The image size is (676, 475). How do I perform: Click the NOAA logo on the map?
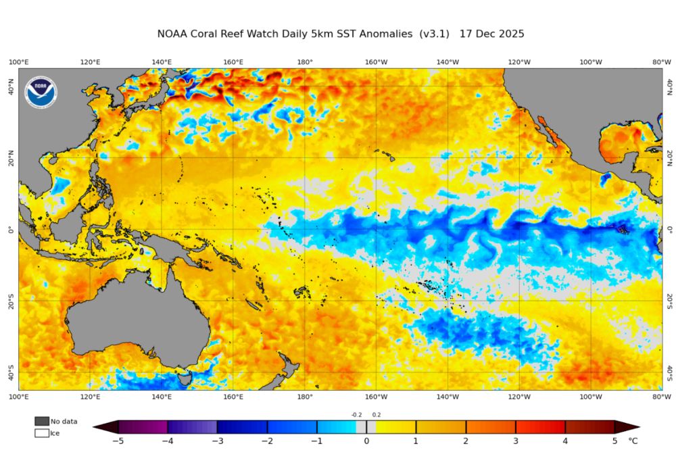(41, 93)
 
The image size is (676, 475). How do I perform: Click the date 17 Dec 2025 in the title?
(491, 33)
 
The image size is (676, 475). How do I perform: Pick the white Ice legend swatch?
(42, 433)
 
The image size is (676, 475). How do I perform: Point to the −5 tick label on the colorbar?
(118, 441)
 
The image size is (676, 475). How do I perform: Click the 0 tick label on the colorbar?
(366, 441)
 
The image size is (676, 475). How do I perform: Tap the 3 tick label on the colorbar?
(516, 441)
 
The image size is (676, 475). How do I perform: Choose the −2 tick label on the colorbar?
(267, 441)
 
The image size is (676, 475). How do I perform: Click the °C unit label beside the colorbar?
(633, 441)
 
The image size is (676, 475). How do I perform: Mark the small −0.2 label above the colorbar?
(357, 415)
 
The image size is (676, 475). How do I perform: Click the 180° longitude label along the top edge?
(305, 62)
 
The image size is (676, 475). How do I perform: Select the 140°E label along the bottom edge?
(162, 397)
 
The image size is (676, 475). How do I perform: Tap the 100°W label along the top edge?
(591, 62)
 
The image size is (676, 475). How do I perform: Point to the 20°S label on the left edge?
(10, 301)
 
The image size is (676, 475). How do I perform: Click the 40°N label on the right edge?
(669, 86)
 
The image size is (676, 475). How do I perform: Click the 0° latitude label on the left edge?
(10, 230)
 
